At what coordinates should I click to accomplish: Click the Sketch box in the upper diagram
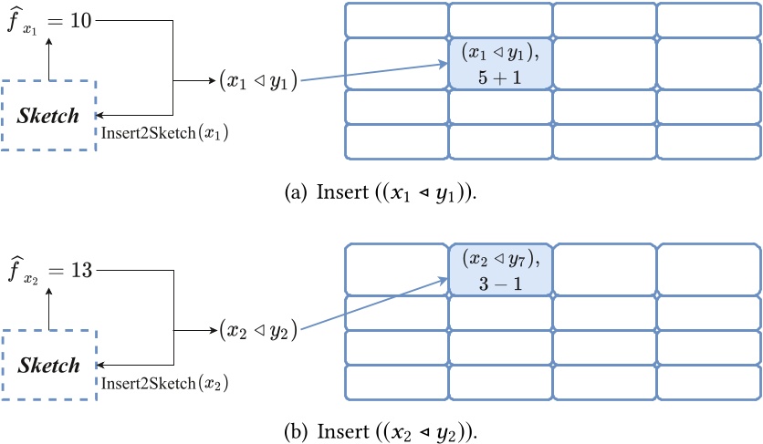50,116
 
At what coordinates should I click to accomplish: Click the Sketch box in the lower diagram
50,365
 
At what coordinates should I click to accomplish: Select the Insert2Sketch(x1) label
164,134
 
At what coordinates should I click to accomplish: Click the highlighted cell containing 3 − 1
500,270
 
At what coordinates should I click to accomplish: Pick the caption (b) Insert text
381,429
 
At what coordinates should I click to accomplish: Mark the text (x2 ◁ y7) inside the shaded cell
500,259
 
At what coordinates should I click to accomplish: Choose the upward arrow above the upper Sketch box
50,59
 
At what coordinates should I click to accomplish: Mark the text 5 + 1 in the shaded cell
500,77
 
